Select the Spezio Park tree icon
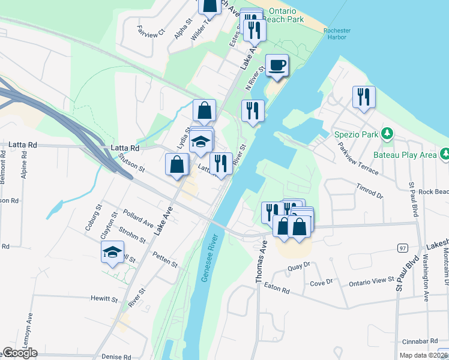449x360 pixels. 388,133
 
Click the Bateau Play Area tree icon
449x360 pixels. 445,154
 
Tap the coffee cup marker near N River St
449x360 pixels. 277,65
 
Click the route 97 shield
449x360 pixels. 402,248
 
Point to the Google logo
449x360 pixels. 20,353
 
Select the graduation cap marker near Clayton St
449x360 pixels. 112,253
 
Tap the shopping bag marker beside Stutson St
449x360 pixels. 177,164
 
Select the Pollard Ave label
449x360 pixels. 137,217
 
